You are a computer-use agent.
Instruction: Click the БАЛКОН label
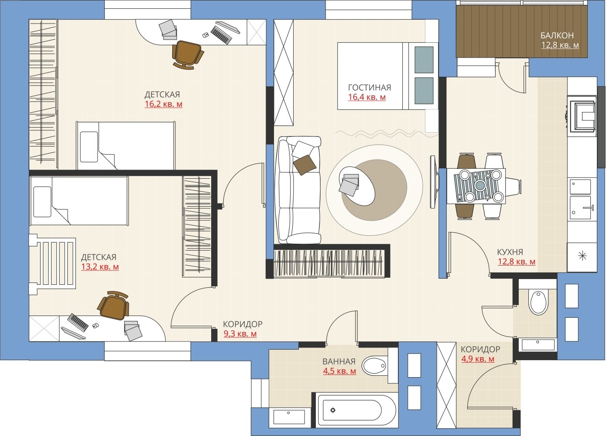[557, 35]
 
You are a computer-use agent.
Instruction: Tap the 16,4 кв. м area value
[367, 97]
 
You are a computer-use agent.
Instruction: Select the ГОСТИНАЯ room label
[370, 87]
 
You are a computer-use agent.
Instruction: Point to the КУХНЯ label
[510, 252]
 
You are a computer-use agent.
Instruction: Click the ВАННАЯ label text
[339, 361]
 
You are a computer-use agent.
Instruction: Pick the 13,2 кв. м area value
[100, 267]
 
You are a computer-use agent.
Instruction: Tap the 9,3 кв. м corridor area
[240, 334]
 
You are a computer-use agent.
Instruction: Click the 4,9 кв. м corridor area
[478, 359]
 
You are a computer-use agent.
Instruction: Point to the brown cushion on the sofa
[305, 165]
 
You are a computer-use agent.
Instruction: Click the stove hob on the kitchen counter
[583, 117]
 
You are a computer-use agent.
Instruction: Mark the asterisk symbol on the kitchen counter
[582, 255]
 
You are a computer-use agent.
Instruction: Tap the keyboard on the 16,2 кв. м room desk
[221, 35]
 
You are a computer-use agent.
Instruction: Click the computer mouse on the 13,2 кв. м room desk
[95, 325]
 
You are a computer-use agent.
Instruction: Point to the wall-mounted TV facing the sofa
[433, 182]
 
